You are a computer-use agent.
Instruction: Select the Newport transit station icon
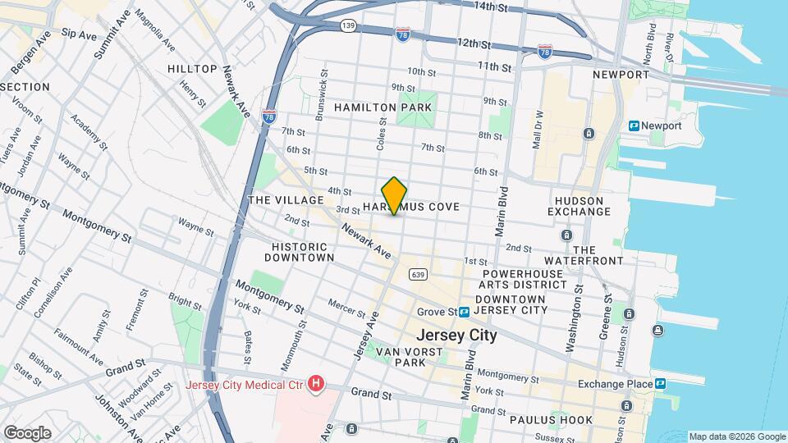(635, 126)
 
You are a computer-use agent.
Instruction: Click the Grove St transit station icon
(465, 312)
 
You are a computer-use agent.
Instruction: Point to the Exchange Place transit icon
(660, 383)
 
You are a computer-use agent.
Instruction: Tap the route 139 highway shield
(348, 26)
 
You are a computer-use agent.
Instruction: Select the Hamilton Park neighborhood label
(382, 107)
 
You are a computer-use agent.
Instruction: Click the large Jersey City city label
(456, 335)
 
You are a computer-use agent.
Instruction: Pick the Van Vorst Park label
(407, 357)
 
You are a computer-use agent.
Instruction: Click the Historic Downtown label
(303, 251)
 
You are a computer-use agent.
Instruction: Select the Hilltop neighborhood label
(192, 69)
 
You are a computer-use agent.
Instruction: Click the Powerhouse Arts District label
(525, 279)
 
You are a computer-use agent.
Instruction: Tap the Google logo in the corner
(27, 432)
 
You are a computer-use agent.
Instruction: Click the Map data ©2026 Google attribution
(736, 436)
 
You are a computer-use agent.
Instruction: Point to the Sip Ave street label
(79, 34)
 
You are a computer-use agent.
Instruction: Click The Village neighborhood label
(274, 200)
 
